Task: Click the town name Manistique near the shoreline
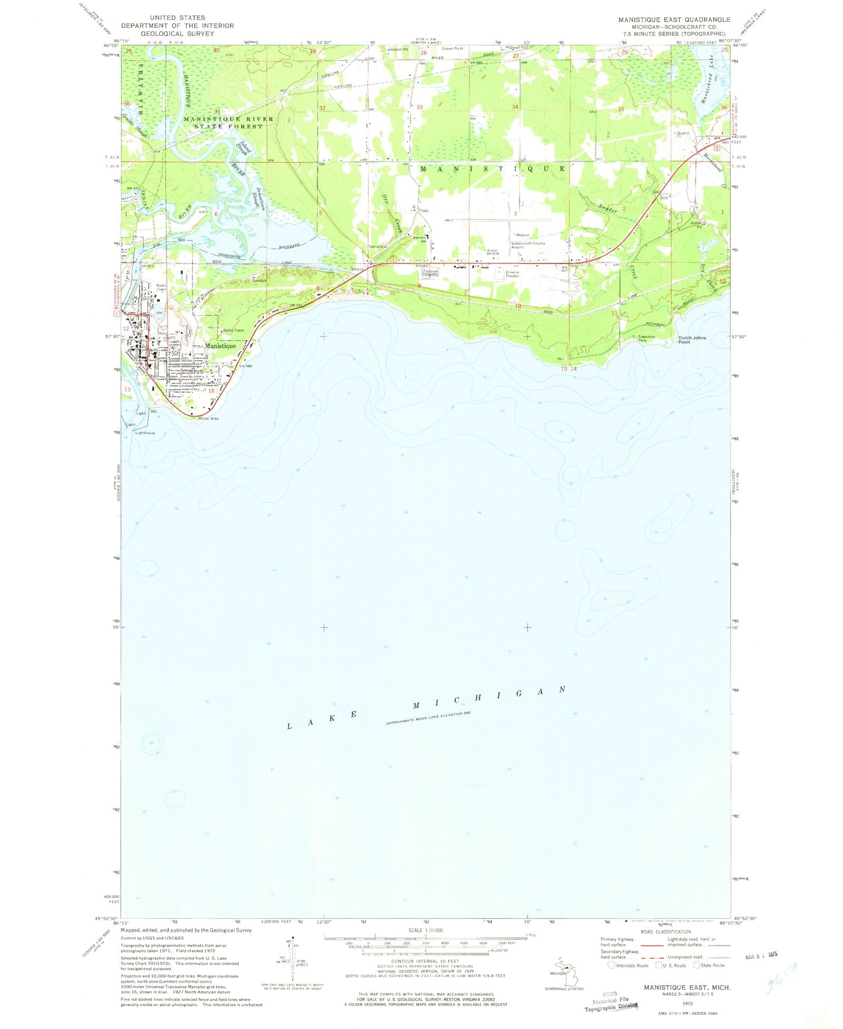(x=220, y=346)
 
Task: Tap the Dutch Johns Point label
(x=692, y=340)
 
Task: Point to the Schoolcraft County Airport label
(x=528, y=245)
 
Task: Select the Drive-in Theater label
(x=513, y=274)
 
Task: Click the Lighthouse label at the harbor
(x=145, y=433)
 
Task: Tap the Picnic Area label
(x=208, y=418)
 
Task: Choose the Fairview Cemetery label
(x=430, y=273)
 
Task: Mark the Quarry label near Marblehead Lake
(x=683, y=133)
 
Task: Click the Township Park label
(x=646, y=338)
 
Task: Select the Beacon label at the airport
(x=522, y=235)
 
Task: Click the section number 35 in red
(x=621, y=109)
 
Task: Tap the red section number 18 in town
(x=211, y=390)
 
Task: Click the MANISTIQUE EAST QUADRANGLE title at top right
(x=674, y=19)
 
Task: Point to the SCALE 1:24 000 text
(x=425, y=930)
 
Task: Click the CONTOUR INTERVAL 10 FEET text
(x=425, y=961)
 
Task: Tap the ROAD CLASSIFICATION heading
(x=665, y=932)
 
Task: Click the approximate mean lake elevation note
(x=428, y=718)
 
